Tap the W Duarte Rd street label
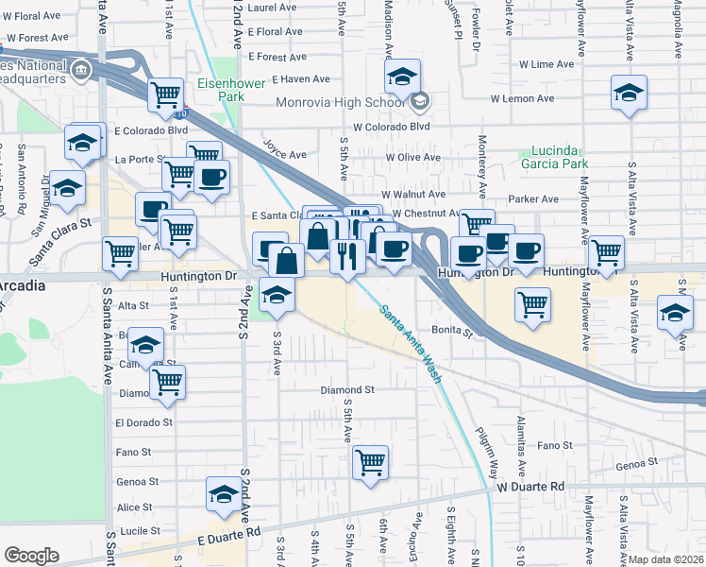pos(530,486)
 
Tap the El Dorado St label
pos(143,423)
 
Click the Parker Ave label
pos(533,199)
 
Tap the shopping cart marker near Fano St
pos(371,463)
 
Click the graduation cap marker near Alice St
pos(224,495)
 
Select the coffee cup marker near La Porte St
pos(211,176)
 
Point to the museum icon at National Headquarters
pos(81,69)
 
